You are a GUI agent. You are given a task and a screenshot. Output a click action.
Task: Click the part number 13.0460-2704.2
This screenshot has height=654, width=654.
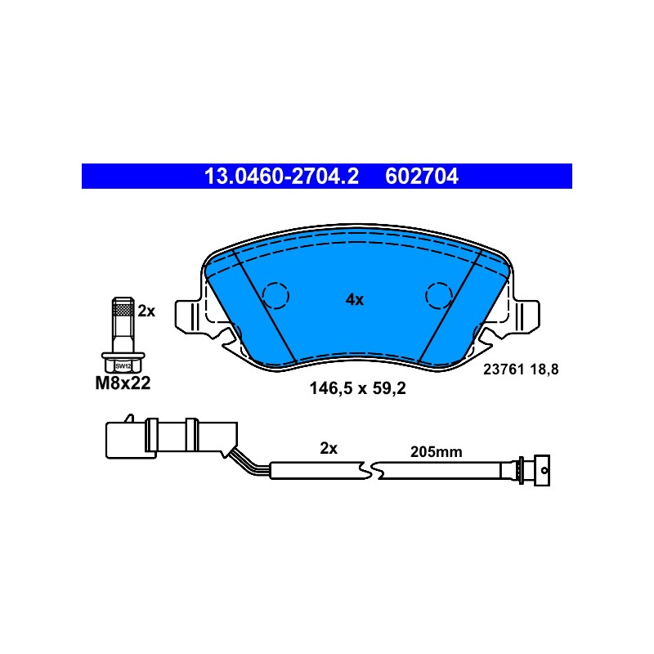click(281, 176)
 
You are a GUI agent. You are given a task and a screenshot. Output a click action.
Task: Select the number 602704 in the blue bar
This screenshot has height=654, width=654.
click(422, 176)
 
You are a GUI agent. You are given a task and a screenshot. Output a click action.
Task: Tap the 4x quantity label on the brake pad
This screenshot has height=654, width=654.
click(355, 299)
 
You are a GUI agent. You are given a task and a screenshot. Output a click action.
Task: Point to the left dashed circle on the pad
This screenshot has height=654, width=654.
click(275, 295)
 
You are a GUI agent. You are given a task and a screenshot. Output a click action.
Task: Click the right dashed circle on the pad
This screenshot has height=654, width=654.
click(439, 295)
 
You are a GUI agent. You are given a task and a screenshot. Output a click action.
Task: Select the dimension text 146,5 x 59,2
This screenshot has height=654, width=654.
click(357, 388)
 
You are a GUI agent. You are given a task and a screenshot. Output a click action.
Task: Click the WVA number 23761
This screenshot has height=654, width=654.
click(504, 370)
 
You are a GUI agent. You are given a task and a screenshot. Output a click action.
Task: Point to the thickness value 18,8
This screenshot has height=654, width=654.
click(544, 370)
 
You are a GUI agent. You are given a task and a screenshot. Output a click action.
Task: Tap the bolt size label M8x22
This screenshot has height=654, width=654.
click(123, 383)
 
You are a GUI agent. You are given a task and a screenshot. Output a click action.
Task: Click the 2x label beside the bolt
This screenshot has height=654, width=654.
click(146, 311)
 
